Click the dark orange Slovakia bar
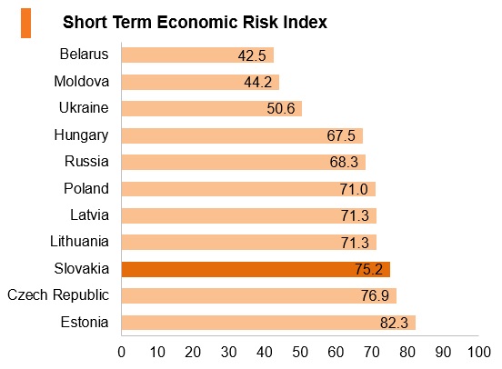[256, 269]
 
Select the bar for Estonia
[268, 323]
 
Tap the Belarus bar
[197, 55]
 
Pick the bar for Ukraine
[212, 108]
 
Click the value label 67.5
[341, 135]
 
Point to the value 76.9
[375, 295]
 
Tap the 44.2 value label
[258, 82]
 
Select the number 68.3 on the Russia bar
[344, 162]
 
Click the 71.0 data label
[354, 189]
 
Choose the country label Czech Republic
[58, 295]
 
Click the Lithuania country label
[79, 242]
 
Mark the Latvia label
[90, 214]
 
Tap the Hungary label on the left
[81, 135]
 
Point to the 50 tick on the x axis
[300, 352]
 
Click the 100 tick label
[479, 352]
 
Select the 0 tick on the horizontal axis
[121, 352]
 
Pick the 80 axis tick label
[407, 352]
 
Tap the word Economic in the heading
[197, 23]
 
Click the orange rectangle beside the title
[26, 24]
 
